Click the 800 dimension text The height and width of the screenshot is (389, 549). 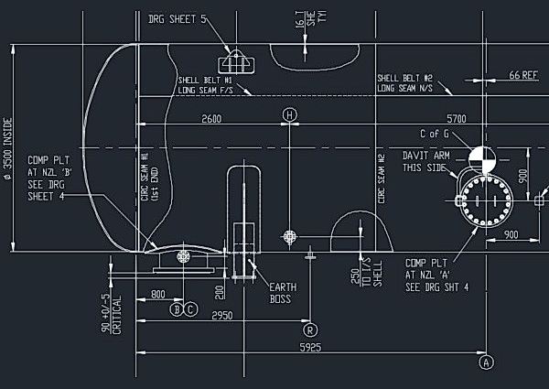coord(158,296)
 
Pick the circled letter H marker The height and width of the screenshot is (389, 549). coord(290,115)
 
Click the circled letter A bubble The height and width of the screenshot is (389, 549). coord(486,362)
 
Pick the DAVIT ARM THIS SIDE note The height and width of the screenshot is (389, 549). coord(425,162)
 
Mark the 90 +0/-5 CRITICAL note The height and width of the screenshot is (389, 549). coord(110,311)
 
